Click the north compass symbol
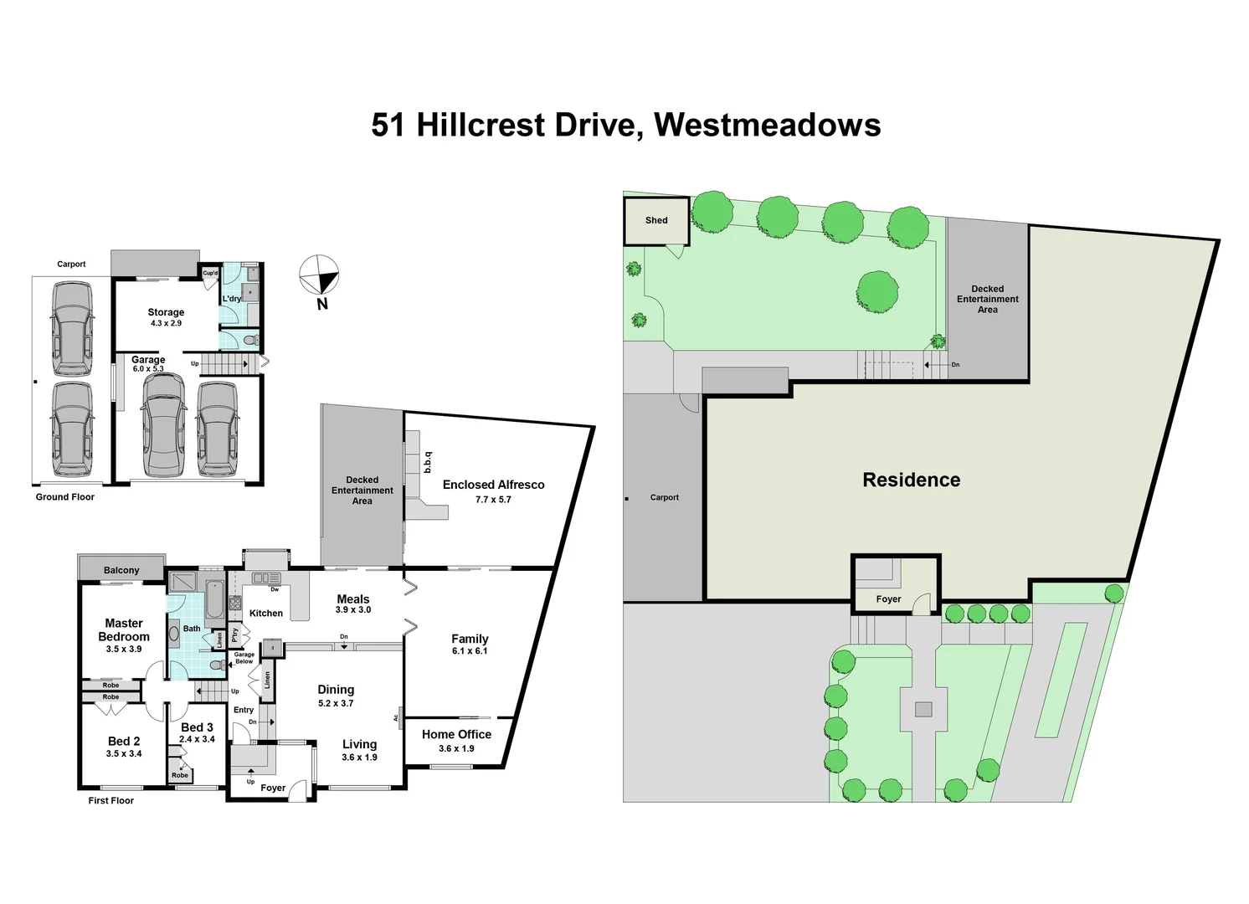click(x=319, y=275)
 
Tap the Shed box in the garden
click(x=656, y=221)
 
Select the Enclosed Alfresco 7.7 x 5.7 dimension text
click(x=493, y=500)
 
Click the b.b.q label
click(x=428, y=462)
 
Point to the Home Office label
click(x=457, y=734)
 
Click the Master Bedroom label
click(x=124, y=629)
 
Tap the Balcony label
click(x=121, y=570)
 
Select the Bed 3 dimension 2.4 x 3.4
click(x=197, y=739)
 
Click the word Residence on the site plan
click(x=911, y=480)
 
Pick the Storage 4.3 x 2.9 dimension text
click(x=166, y=323)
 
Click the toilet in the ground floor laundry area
click(x=252, y=339)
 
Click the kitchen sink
click(x=266, y=578)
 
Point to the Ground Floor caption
click(x=65, y=497)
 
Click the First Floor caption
click(x=111, y=800)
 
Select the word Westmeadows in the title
click(x=768, y=125)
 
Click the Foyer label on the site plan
click(x=888, y=599)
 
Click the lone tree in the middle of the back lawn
click(x=877, y=292)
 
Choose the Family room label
click(x=470, y=639)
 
